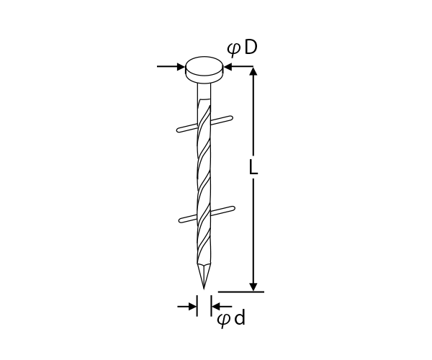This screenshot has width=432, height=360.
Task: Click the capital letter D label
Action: click(251, 48)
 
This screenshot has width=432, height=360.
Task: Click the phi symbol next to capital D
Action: click(233, 49)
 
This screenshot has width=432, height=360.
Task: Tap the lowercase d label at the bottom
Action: click(240, 318)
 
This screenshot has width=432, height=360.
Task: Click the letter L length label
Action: click(253, 167)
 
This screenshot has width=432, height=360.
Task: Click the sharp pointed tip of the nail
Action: click(204, 289)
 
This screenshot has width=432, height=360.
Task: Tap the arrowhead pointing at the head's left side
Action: click(181, 66)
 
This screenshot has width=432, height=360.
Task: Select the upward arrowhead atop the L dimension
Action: click(253, 71)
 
